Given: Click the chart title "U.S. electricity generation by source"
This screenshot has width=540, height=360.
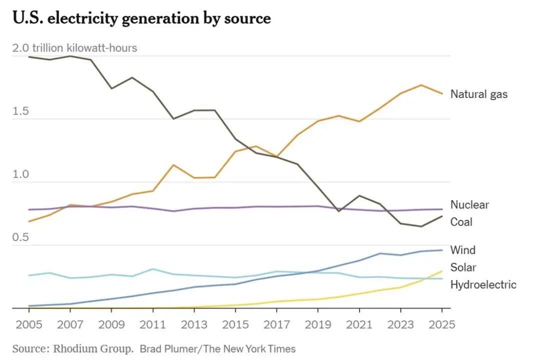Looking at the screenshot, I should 141,18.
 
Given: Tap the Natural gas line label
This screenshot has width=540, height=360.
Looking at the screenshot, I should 478,94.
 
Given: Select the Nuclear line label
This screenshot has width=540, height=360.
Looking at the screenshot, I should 469,204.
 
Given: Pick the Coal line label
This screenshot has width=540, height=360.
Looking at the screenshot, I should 461,222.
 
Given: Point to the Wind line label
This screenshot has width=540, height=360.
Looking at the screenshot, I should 462,250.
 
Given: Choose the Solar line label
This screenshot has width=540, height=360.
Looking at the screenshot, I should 463,267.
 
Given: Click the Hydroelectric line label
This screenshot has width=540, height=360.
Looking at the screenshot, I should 483,285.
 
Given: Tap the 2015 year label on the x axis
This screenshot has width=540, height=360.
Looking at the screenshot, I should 234,324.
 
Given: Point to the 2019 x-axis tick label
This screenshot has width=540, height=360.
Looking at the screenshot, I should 317,324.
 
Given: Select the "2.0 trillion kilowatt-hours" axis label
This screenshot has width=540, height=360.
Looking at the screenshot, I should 74,48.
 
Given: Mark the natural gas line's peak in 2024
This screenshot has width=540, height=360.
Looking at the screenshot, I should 421,85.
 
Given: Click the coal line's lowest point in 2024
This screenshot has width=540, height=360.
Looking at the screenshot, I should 421,226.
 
